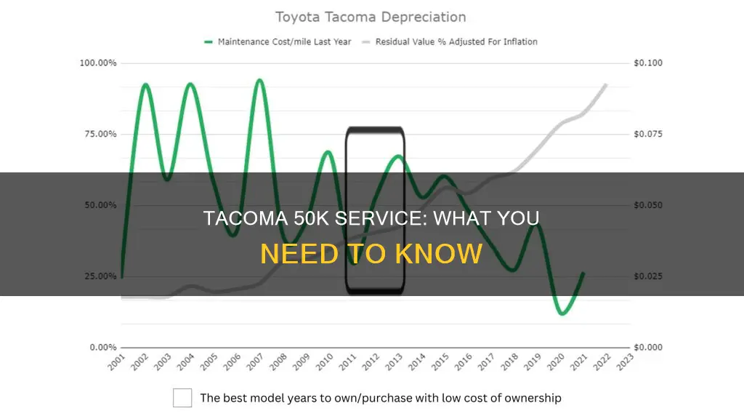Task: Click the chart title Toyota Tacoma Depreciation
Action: coord(371,17)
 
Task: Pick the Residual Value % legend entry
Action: coord(456,41)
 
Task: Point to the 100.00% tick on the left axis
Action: coord(97,63)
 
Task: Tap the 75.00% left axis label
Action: coord(97,134)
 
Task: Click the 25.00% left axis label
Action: coord(97,276)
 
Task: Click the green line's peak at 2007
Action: coord(259,80)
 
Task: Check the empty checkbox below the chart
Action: coord(182,398)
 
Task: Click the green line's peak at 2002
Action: coord(145,84)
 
